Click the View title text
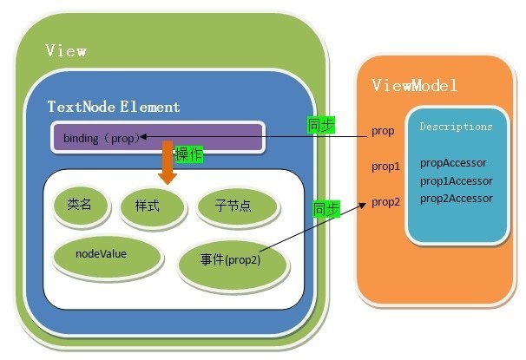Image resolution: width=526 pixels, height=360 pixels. coord(66,51)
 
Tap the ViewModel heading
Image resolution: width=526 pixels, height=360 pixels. coord(415,85)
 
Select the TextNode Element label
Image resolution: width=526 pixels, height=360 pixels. coord(114,107)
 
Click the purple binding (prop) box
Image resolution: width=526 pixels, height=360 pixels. coord(158,137)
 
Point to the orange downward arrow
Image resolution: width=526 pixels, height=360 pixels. coord(168,162)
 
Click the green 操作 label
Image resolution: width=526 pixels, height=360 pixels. coord(189,155)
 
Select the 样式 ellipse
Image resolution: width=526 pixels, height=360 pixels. coord(152,206)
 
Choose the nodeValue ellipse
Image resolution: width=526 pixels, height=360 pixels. coord(108,257)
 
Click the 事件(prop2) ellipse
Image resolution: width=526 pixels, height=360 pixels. coord(233,265)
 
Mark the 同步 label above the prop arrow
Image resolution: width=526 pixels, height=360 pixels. coord(321,125)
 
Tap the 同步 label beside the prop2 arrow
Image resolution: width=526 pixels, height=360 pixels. coord(326,209)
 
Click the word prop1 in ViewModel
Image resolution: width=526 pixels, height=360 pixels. coord(385,167)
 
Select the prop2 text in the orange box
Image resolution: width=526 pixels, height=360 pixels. coord(385,202)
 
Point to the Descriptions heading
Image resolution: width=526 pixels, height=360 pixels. coord(456,127)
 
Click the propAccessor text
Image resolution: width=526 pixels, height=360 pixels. coord(453,163)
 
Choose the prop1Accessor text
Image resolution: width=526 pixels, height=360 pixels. coord(457,181)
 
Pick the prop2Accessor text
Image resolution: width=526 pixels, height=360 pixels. coord(457,199)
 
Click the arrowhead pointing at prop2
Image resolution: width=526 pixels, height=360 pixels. coord(363,204)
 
